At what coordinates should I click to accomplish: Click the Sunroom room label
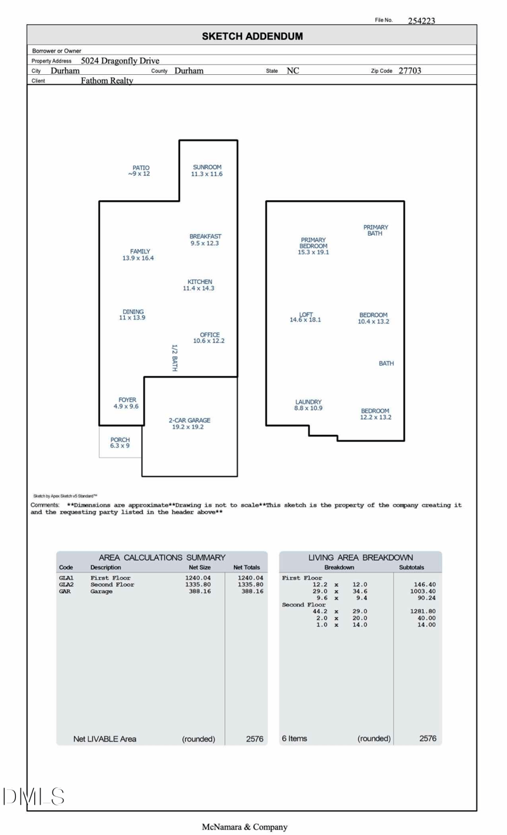207,171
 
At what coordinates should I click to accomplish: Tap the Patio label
140,171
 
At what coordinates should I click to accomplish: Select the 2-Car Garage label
189,424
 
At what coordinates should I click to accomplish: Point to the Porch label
120,443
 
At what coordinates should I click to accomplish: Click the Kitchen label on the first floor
199,285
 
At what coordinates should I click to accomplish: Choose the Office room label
209,338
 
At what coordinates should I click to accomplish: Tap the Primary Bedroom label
313,246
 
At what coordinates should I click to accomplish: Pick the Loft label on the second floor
305,317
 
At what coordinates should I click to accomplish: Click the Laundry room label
308,405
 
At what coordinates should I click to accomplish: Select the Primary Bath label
375,230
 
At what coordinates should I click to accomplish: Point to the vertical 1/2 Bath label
174,358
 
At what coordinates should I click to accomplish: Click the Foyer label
127,403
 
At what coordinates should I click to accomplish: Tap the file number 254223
421,20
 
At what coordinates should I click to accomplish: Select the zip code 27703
409,71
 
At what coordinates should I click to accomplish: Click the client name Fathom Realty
107,81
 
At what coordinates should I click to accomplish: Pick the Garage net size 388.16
199,592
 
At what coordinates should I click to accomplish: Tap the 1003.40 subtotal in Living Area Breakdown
423,592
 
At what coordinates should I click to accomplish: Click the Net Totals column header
247,567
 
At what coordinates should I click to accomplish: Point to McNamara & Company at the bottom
245,827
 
